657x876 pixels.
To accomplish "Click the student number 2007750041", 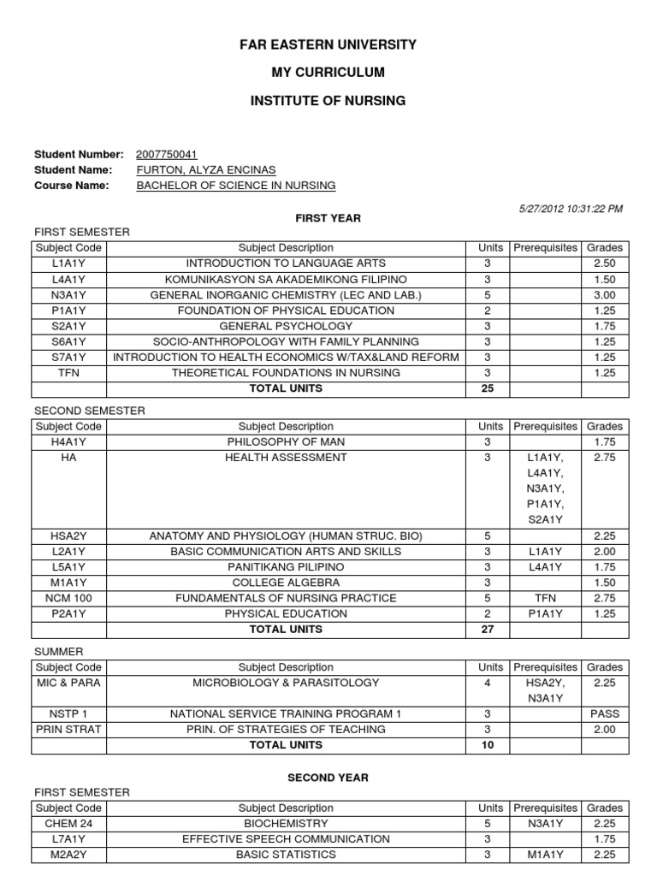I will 167,155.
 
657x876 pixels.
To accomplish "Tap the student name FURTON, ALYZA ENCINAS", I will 206,170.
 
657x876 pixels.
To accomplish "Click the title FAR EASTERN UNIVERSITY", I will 328,44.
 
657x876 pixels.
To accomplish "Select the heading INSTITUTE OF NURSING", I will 328,101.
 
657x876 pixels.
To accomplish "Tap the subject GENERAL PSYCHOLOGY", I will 286,326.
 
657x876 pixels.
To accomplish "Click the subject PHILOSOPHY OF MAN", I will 286,441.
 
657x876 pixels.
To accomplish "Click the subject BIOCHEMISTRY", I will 286,824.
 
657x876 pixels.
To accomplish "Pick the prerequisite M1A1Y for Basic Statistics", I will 545,855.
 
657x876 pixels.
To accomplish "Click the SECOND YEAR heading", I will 328,778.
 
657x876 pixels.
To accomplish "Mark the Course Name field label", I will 71,186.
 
